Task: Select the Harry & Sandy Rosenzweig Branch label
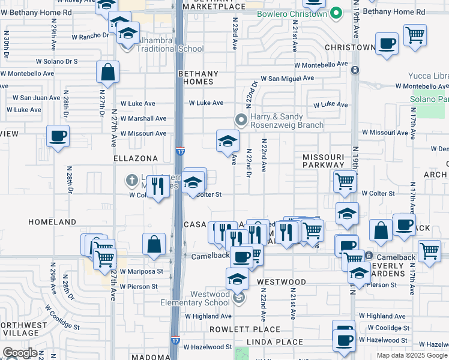[279, 121]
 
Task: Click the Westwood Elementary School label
[210, 298]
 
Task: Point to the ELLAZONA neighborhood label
[136, 158]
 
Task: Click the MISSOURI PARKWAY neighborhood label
[323, 161]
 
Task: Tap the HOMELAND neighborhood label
[53, 222]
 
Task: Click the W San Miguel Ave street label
[287, 78]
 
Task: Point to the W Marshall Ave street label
[143, 118]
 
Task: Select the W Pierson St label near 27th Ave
[139, 287]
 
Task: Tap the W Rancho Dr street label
[88, 34]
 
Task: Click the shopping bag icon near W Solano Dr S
[107, 72]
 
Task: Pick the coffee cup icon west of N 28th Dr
[58, 136]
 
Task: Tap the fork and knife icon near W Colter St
[157, 186]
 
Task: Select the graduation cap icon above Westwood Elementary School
[238, 279]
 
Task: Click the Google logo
[20, 353]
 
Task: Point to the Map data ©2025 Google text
[411, 355]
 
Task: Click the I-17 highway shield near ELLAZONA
[180, 151]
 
